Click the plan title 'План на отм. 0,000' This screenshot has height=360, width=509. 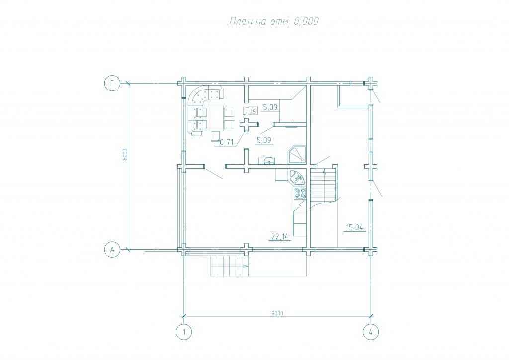(274, 21)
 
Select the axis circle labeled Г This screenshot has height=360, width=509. (112, 84)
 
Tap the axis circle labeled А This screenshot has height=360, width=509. (112, 250)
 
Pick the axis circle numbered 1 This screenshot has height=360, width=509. (184, 332)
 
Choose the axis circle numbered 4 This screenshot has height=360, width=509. (371, 332)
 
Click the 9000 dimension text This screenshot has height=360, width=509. (277, 313)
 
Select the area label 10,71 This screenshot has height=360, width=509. (226, 142)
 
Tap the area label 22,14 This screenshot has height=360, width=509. (280, 237)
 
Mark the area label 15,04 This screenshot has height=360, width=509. (355, 227)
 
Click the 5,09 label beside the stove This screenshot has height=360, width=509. (270, 107)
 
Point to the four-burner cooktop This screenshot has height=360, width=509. (300, 194)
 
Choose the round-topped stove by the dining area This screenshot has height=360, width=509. (251, 111)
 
